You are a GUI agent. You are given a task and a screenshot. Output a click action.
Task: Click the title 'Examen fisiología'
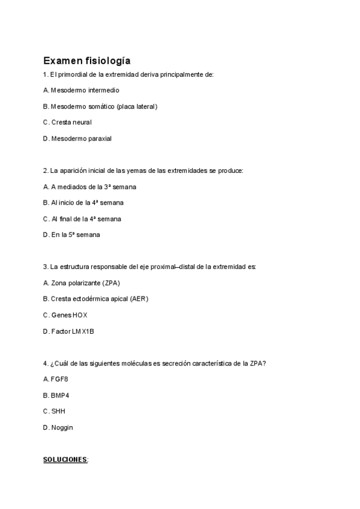(x=86, y=61)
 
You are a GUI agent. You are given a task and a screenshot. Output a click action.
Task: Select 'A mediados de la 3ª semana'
(x=89, y=187)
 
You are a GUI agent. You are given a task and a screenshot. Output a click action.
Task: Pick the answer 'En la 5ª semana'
(x=71, y=235)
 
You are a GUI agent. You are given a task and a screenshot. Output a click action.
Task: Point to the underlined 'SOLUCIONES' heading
(x=65, y=460)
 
